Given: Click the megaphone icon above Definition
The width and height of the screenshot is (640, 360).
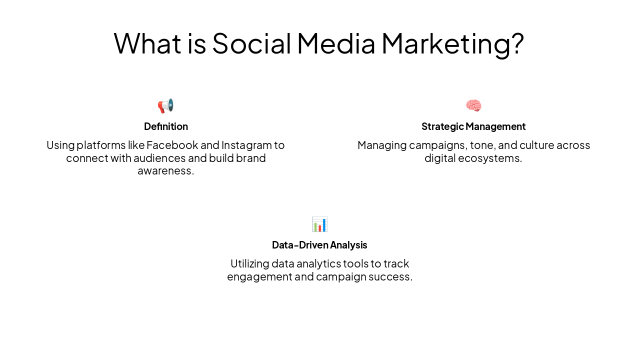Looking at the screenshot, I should click(x=165, y=106).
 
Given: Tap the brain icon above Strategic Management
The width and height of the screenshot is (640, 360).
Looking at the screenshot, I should click(x=473, y=106).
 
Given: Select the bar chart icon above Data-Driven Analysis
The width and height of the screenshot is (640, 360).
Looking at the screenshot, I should click(x=319, y=224).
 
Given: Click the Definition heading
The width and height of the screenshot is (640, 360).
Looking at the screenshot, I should click(x=166, y=126).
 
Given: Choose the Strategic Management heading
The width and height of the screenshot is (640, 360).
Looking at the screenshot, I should click(x=473, y=126).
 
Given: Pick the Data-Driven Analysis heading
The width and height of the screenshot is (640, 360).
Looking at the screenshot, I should click(x=319, y=245).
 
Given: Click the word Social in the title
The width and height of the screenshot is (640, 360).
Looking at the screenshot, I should click(x=251, y=43).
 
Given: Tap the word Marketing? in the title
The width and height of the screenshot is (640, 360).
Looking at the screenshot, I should click(x=452, y=43).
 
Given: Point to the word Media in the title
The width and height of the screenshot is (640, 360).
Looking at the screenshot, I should click(x=336, y=43).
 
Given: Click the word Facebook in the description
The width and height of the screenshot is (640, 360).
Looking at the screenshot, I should click(x=172, y=145).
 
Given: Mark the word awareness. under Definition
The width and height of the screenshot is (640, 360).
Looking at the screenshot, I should click(x=165, y=171).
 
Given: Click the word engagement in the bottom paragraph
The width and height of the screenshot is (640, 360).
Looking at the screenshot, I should click(x=259, y=277).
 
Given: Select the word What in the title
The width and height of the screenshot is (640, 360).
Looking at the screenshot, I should click(x=147, y=43).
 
